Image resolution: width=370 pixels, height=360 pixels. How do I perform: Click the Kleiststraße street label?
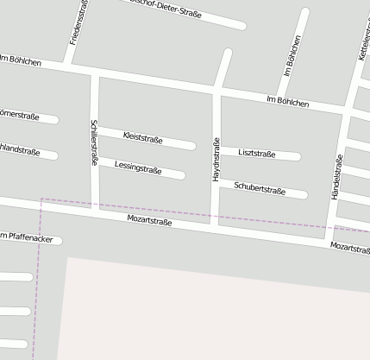(143, 136)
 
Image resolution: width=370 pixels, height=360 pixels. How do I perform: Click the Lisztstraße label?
(257, 154)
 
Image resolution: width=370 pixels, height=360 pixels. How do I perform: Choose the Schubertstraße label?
(260, 188)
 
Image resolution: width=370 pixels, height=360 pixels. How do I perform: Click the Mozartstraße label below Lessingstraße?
(149, 222)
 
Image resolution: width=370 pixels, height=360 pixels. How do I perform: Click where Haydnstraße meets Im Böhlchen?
(216, 90)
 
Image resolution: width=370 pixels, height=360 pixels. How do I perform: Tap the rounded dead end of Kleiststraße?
(191, 145)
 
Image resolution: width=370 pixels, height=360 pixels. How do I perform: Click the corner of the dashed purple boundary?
(41, 199)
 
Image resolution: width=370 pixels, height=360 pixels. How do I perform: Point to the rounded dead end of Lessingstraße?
(181, 175)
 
